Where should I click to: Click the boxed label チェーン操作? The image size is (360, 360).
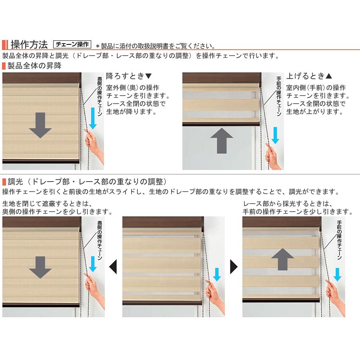coord(72,44)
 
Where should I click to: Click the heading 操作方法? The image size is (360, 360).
coord(29,44)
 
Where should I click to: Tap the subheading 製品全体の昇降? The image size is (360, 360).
coord(34,66)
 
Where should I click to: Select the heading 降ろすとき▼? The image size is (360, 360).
coord(129,76)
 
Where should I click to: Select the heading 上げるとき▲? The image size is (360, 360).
coord(309,76)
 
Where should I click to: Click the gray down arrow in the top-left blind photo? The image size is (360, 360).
coord(40,125)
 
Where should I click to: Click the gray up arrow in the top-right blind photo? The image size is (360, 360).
coord(222,141)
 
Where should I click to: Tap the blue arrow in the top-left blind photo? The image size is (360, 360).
coord(93,118)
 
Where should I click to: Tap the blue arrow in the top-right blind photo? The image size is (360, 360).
coord(275,136)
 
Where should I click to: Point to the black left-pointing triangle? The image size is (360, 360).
coord(113,266)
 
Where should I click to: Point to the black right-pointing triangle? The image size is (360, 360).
coord(234,266)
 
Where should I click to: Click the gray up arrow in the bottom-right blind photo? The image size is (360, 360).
coord(283,259)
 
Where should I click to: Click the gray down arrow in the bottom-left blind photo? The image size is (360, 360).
coord(40,268)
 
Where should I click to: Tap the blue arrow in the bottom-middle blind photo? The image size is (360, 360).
coord(217,274)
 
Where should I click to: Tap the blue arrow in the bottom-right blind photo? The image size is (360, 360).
coord(337,274)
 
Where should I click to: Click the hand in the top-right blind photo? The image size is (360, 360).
coord(273,156)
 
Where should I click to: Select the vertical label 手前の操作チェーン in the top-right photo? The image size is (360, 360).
coord(279,96)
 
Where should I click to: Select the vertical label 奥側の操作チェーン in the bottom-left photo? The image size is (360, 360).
coord(100,240)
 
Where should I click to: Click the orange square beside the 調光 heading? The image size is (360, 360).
coord(4,182)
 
